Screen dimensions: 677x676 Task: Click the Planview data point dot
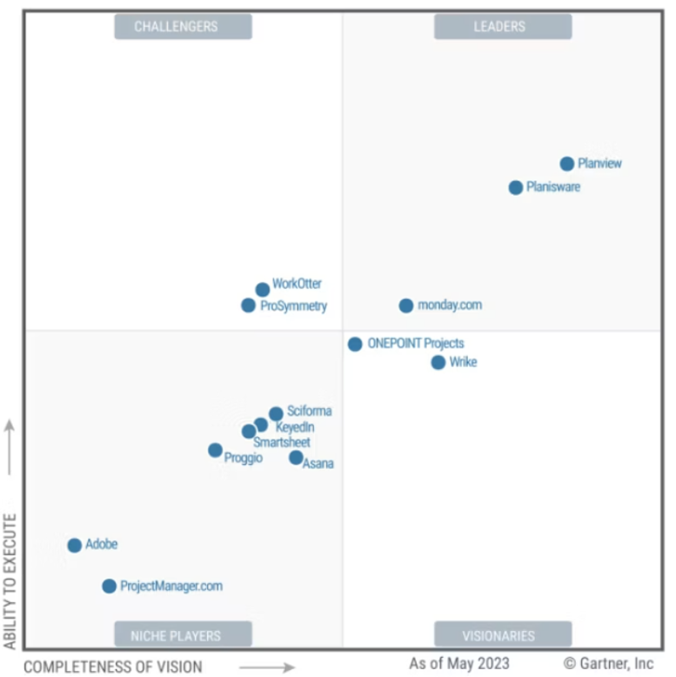click(x=567, y=164)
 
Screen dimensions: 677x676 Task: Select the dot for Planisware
click(x=516, y=187)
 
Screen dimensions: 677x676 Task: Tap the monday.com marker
click(x=406, y=305)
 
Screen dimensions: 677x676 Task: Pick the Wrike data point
click(x=438, y=362)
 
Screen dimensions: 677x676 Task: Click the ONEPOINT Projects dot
click(x=355, y=344)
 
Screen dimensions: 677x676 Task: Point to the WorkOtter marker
click(x=263, y=290)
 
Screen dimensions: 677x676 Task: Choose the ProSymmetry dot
click(x=249, y=305)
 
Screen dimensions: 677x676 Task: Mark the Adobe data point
click(x=75, y=546)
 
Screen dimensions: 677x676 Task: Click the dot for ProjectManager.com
click(x=109, y=587)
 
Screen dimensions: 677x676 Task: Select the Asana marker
click(x=296, y=458)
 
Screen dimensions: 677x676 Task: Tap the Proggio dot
click(x=215, y=450)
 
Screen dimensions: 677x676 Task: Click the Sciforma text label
click(x=310, y=412)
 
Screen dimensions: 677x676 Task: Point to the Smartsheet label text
click(x=282, y=443)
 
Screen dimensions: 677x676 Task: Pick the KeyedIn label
click(x=295, y=427)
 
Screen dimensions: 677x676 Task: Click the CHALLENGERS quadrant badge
click(x=183, y=27)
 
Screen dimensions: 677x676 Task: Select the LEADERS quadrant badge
click(x=503, y=27)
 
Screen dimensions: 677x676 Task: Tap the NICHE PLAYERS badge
click(x=183, y=635)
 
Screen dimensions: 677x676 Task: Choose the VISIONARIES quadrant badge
click(x=503, y=635)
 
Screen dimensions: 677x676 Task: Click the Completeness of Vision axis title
click(x=113, y=667)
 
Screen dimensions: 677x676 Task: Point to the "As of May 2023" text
click(x=459, y=664)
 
